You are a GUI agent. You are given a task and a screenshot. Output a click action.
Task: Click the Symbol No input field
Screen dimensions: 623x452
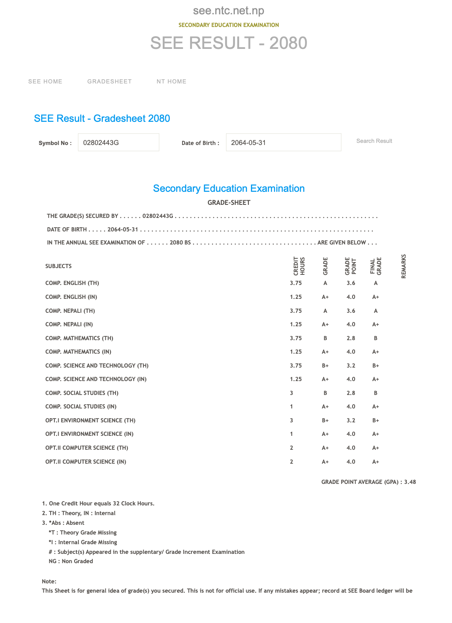coord(118,142)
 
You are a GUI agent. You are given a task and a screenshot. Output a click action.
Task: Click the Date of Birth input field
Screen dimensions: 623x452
coord(283,142)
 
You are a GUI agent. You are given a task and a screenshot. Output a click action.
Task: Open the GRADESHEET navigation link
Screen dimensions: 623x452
coord(110,81)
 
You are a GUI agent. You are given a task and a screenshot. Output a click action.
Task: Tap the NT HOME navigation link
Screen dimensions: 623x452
coord(172,81)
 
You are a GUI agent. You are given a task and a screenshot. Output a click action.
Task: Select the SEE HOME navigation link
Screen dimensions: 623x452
coord(45,81)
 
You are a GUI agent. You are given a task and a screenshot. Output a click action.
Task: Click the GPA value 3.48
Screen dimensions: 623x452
coord(410,482)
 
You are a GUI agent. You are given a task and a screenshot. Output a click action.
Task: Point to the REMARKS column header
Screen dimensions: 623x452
coord(404,266)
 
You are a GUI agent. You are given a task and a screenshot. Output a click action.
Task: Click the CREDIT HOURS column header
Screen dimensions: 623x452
coord(299,266)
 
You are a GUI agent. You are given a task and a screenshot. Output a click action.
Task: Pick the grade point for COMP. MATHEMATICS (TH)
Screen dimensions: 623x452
coord(351,338)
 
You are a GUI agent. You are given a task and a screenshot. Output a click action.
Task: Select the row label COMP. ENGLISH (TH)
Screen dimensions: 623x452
coord(72,283)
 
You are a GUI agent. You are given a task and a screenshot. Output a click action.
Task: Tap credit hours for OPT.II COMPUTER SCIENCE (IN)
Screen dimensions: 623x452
coord(291,462)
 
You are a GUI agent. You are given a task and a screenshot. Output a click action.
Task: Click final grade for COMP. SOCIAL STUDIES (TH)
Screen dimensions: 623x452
coord(376,393)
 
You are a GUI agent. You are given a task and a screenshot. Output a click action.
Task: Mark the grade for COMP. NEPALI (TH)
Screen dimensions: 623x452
coord(325,311)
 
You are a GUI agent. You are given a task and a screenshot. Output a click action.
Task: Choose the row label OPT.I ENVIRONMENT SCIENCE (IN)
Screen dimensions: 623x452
coord(89,434)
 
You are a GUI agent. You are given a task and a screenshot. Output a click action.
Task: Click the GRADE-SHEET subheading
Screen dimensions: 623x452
coord(229,203)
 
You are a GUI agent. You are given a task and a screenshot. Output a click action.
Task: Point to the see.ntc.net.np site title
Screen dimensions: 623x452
coord(229,11)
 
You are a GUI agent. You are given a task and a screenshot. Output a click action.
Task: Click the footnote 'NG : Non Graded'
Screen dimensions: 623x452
coord(71,561)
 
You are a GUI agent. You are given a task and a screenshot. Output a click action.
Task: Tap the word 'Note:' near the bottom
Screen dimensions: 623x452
coord(49,581)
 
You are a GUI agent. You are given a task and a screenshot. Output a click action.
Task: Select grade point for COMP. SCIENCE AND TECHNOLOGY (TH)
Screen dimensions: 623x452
coord(351,365)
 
